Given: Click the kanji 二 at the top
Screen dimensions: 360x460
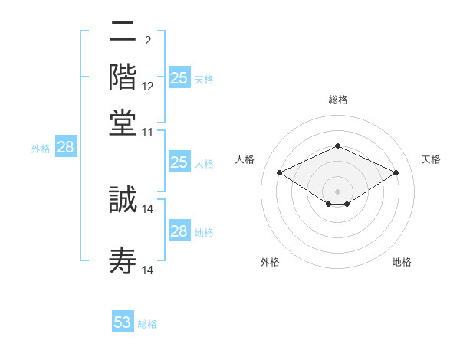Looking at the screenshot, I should pos(123,34).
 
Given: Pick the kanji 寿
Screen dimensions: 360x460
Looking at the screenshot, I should pos(123,260).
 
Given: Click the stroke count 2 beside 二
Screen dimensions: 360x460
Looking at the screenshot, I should pos(147,40).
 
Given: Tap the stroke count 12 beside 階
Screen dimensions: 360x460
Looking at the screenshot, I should pos(148,86).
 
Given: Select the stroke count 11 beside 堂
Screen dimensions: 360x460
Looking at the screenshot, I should pos(148,132).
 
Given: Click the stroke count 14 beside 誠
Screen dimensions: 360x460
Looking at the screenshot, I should pos(148,208).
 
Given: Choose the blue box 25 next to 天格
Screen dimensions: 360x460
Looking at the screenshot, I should pos(179,77).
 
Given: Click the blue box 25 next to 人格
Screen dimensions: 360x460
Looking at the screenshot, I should pos(179,162).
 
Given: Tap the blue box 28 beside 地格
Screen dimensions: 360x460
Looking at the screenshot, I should pos(179,231).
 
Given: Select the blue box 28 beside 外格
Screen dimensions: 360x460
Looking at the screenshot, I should pos(65,147).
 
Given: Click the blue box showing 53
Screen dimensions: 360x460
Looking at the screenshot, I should pos(123,322).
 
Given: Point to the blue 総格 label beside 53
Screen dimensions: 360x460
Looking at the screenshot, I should pos(147,324).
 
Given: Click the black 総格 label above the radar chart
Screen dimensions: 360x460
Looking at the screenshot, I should pos(337,100).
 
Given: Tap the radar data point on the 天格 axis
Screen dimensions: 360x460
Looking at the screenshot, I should pos(396,173).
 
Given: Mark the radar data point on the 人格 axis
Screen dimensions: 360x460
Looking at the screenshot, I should pos(280,173).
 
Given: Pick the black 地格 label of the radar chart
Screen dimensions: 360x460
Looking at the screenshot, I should pos(402,262).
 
